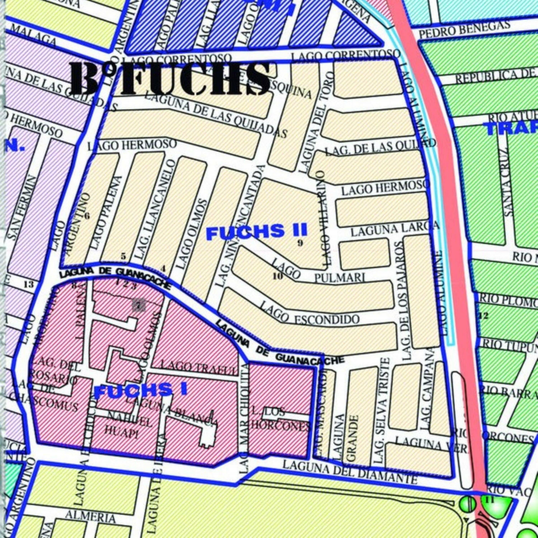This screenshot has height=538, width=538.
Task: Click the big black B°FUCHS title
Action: [170, 79]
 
